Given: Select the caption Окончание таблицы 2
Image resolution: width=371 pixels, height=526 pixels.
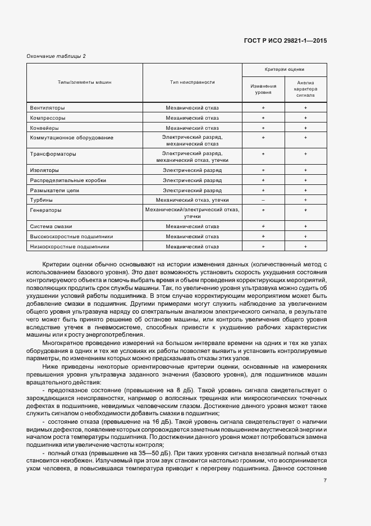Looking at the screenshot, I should coord(56,56).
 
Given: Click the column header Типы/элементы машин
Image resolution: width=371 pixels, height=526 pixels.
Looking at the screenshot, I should coord(84,82).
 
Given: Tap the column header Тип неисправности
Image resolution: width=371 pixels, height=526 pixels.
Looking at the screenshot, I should coord(193,82).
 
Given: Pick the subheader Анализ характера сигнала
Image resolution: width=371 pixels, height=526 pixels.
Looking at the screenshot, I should coord(306,89).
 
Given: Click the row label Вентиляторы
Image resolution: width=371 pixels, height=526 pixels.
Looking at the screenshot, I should coord(47,107).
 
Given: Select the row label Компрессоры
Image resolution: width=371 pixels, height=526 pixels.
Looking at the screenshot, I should coord(48,117).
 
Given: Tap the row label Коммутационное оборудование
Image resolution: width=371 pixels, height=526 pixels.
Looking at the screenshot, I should coord(71,137).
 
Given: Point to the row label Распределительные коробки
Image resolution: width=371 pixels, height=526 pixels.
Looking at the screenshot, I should coord(68,180).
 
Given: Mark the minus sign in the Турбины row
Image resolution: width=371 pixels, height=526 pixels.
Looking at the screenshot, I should coord(263,200).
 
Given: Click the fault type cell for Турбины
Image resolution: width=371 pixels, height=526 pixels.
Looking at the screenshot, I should coord(193,200).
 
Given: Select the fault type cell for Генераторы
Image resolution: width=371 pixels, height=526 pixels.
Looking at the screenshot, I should coord(193,212).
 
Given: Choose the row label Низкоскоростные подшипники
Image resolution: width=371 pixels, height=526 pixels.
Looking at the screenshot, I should coord(70,246).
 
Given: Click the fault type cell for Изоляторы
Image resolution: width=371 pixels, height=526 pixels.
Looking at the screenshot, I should coord(193,170).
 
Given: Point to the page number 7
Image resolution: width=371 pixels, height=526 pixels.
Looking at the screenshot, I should coord(325,479).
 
